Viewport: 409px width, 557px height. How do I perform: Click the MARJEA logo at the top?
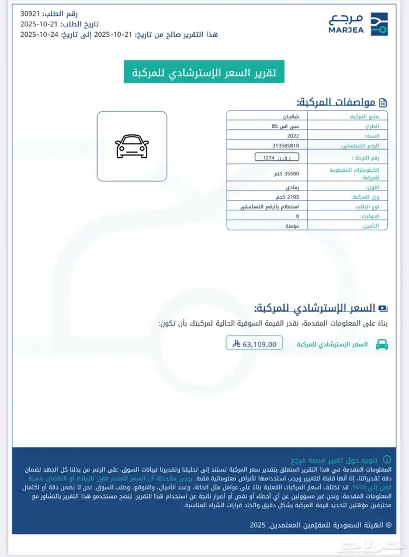click(358, 24)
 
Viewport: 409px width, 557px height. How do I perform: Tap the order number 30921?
click(31, 13)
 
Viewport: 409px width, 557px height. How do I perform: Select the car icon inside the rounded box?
click(132, 146)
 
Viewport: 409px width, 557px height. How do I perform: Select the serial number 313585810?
click(286, 146)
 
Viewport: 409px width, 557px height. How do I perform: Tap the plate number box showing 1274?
click(277, 158)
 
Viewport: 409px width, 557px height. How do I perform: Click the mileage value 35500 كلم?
click(287, 174)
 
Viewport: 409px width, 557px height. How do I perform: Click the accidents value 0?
click(297, 216)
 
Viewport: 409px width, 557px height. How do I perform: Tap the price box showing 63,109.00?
click(255, 344)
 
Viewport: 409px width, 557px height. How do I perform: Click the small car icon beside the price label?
click(382, 344)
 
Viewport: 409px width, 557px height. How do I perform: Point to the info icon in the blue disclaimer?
click(386, 461)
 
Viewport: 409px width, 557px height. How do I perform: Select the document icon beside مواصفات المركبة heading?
click(383, 103)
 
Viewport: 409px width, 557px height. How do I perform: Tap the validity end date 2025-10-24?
click(37, 34)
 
